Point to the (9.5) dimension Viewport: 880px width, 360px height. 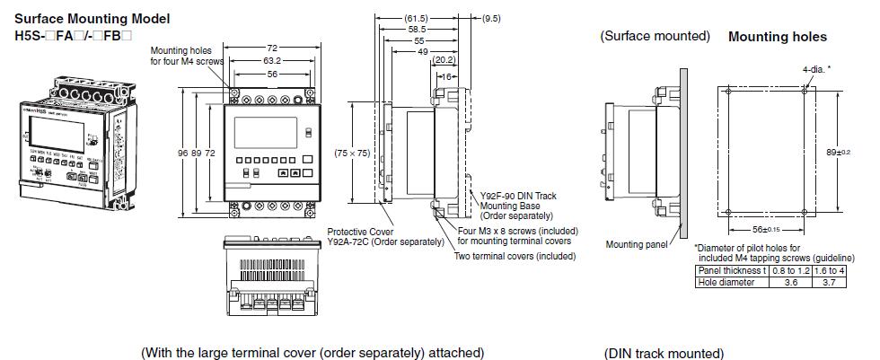coord(491,18)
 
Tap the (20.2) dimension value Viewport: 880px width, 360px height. coord(443,61)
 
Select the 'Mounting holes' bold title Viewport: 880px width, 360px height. coord(777,38)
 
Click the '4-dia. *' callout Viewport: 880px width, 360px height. coord(816,68)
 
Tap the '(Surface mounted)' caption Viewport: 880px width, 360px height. coord(655,37)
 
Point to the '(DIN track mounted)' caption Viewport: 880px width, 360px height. coord(664,353)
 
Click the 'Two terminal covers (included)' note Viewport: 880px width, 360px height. coord(515,256)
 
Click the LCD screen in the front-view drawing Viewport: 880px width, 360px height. coord(263,132)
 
